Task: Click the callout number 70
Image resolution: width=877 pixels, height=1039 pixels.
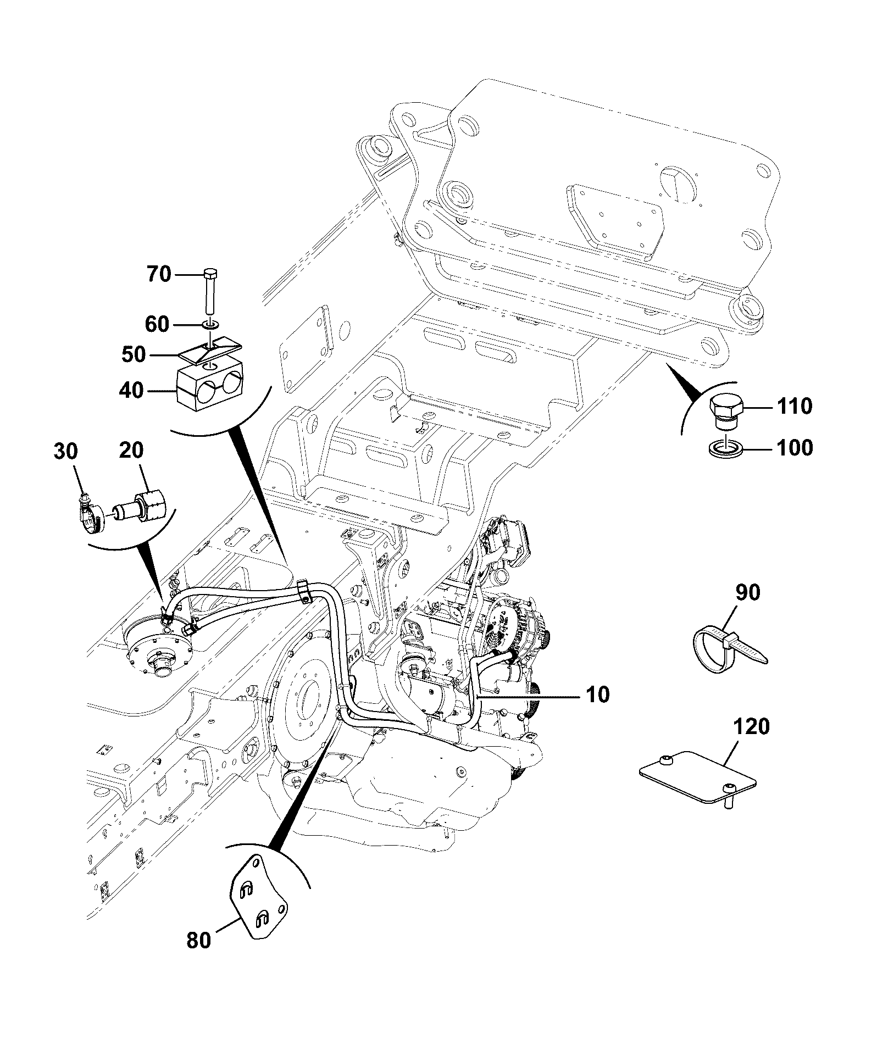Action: (x=159, y=274)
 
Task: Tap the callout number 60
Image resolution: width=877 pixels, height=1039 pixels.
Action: (x=157, y=324)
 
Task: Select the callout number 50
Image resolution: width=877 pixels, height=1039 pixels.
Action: (x=133, y=354)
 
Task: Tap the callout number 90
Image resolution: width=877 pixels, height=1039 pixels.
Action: (x=747, y=592)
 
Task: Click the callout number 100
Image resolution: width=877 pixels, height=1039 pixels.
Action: (x=794, y=448)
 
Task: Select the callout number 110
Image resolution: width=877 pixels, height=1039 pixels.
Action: (x=794, y=407)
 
